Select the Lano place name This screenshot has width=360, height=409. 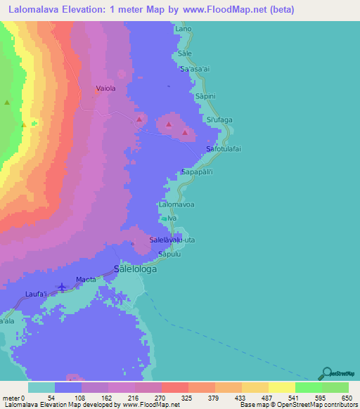click(x=184, y=29)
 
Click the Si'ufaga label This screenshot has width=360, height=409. click(x=219, y=120)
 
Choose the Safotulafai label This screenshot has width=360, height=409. click(x=228, y=149)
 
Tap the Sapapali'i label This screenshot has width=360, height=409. click(x=202, y=171)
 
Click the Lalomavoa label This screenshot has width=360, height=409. click(x=176, y=204)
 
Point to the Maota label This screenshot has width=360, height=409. click(x=86, y=279)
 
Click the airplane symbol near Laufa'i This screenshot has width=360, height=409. click(x=63, y=287)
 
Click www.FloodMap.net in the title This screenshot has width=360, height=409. click(x=222, y=10)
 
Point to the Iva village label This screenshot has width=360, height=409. click(x=170, y=219)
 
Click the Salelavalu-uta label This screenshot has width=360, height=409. click(x=172, y=240)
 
